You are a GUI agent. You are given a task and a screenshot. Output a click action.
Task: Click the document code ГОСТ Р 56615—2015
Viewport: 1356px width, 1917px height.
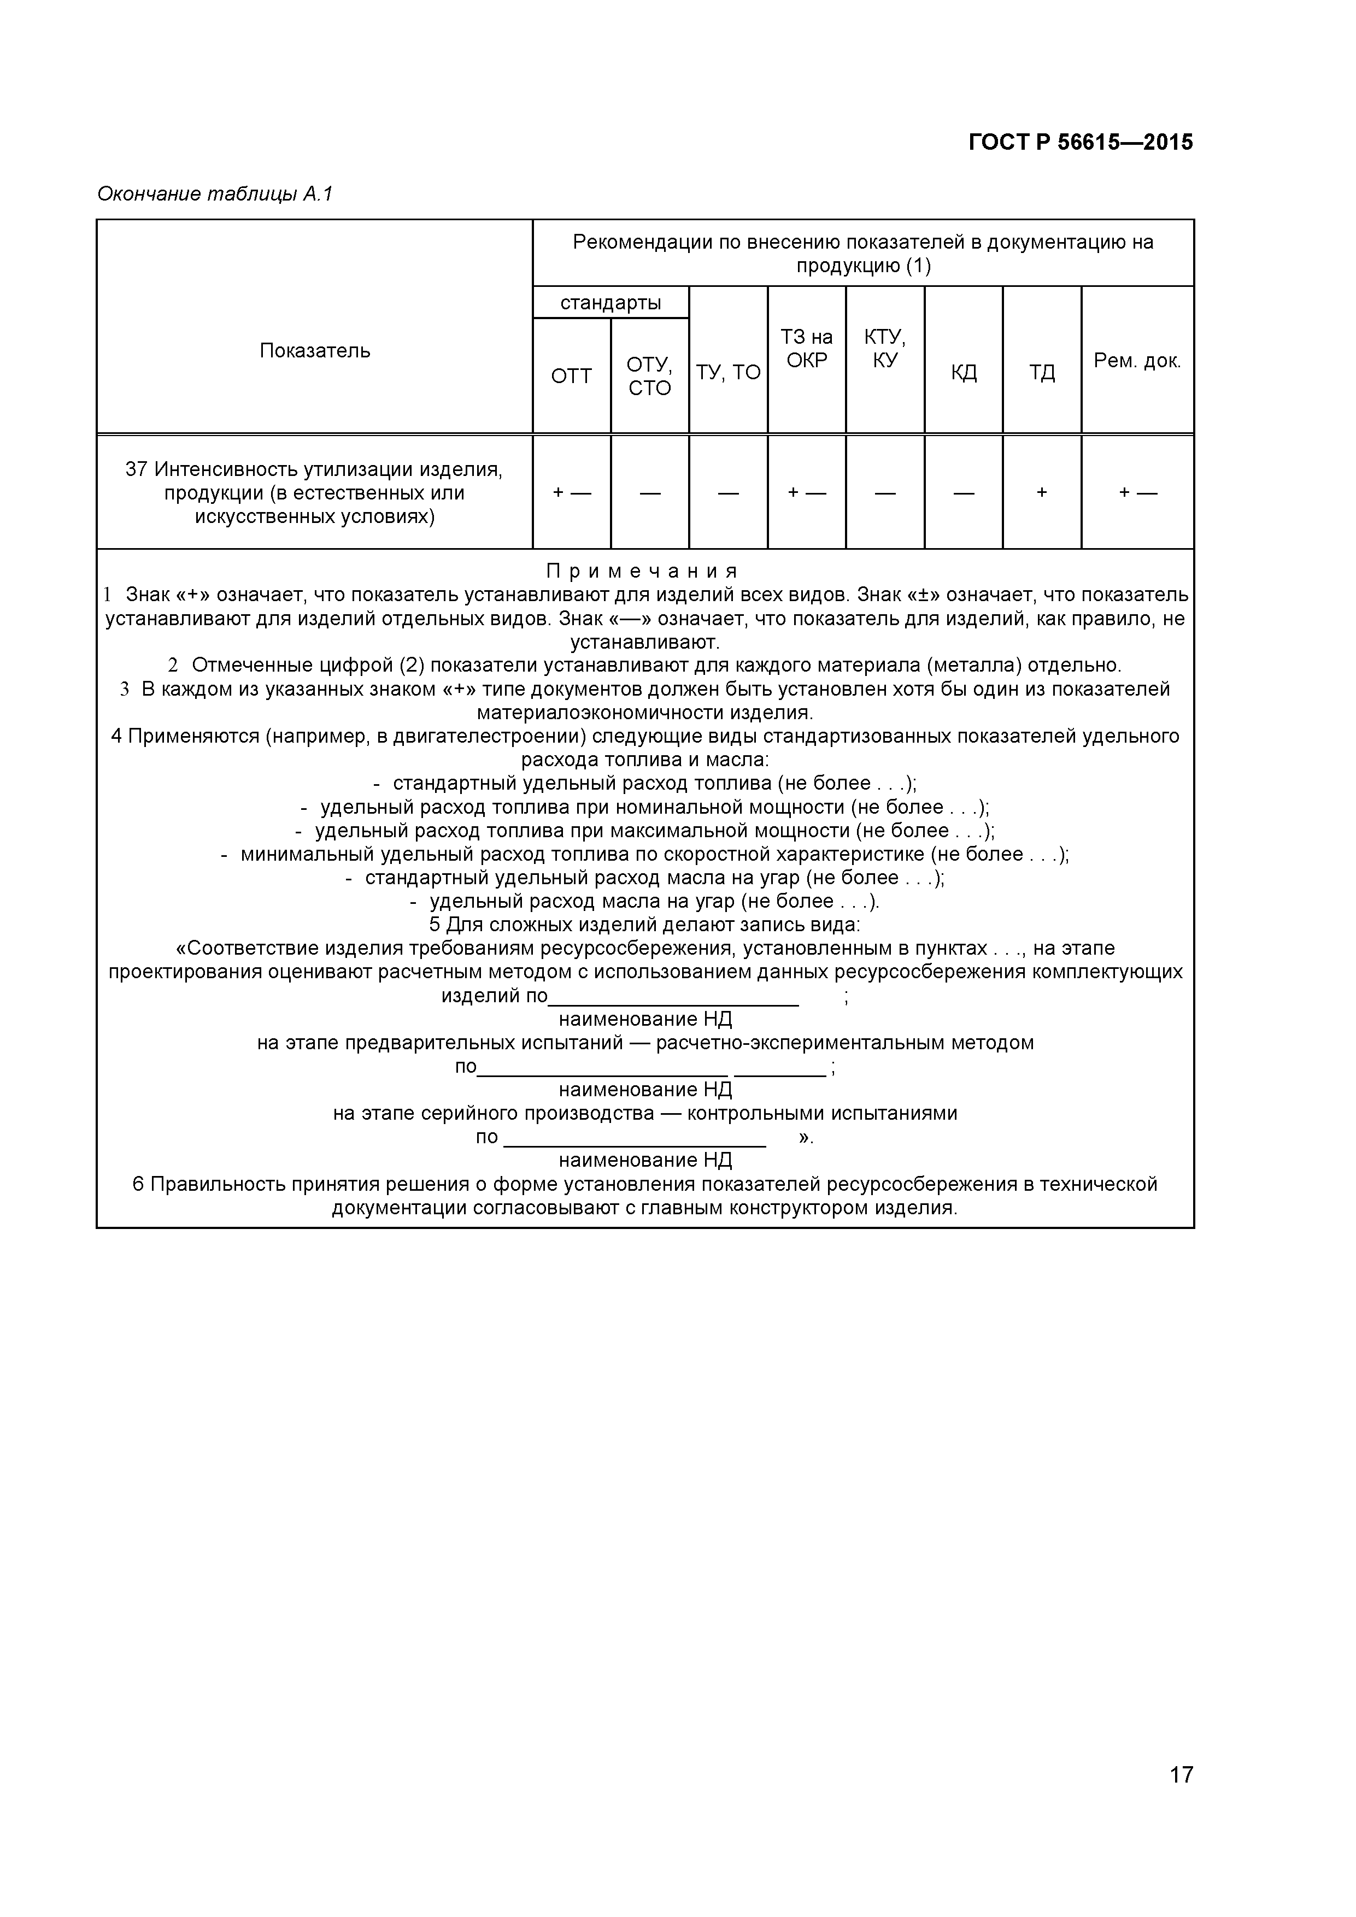pos(1081,143)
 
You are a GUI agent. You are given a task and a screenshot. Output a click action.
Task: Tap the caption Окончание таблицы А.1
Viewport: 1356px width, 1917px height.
pos(215,195)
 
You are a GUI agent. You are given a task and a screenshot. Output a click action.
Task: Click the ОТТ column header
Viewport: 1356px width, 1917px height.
pos(571,377)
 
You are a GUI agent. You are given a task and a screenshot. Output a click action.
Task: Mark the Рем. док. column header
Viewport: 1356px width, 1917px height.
pos(1137,361)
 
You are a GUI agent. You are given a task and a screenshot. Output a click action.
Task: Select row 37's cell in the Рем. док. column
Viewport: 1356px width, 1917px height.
pos(1137,492)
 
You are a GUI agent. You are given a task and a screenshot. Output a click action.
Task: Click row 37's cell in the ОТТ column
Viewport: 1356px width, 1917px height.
pos(571,492)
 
